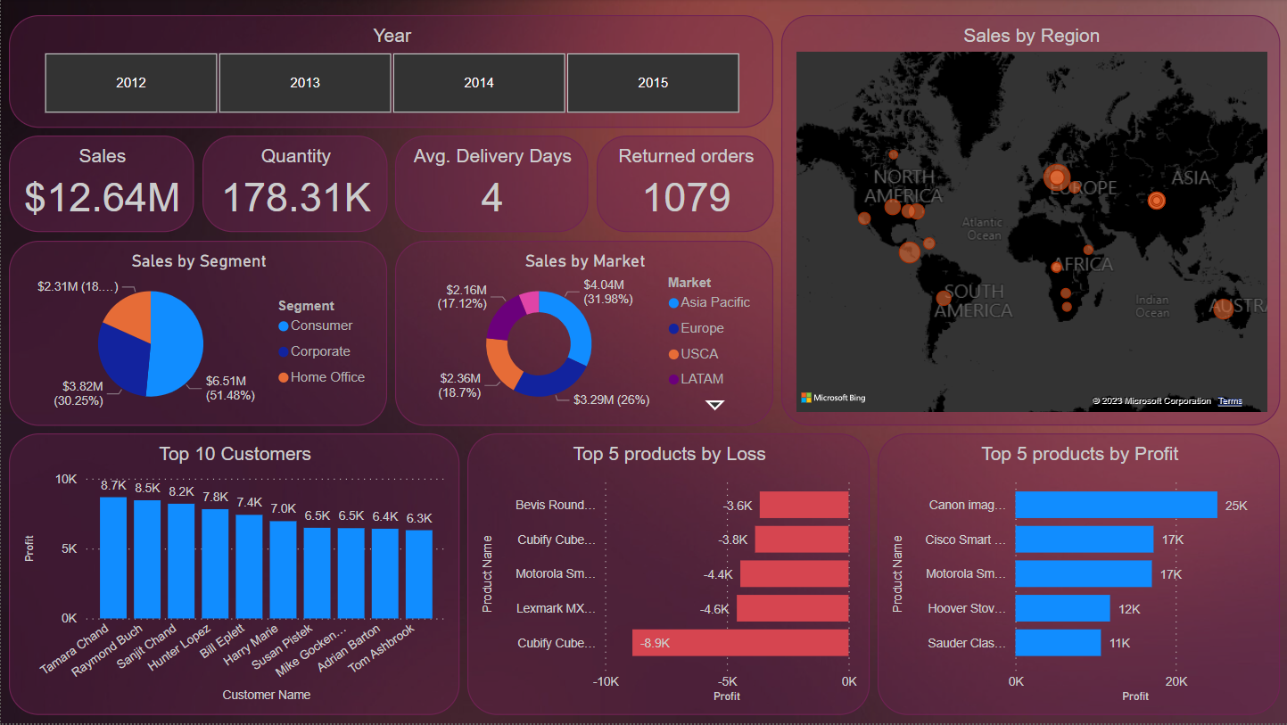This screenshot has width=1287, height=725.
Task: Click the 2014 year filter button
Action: click(479, 83)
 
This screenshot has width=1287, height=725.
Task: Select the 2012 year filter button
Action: click(131, 83)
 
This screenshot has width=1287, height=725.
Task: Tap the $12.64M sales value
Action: click(102, 198)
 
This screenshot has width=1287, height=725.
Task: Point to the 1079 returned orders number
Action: click(686, 198)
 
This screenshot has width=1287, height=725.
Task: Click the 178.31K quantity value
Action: click(296, 198)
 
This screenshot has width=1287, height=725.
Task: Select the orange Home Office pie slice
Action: click(129, 314)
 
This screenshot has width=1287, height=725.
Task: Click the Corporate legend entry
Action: click(319, 351)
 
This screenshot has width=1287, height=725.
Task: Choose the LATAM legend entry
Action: click(701, 379)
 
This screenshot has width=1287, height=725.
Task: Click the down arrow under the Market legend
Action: click(714, 405)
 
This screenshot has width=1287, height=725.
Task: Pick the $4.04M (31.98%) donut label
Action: click(607, 292)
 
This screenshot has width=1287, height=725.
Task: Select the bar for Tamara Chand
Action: click(113, 557)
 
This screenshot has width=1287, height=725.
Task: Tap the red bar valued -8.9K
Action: click(740, 643)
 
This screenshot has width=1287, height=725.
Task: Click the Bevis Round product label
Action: click(555, 505)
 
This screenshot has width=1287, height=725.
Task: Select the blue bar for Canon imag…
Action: click(1116, 505)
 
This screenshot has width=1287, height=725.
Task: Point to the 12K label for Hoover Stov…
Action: click(1130, 608)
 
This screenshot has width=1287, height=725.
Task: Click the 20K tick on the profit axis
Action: click(1176, 681)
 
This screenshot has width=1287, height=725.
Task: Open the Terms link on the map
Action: click(1230, 401)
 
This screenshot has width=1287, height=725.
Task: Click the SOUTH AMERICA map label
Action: click(973, 301)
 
